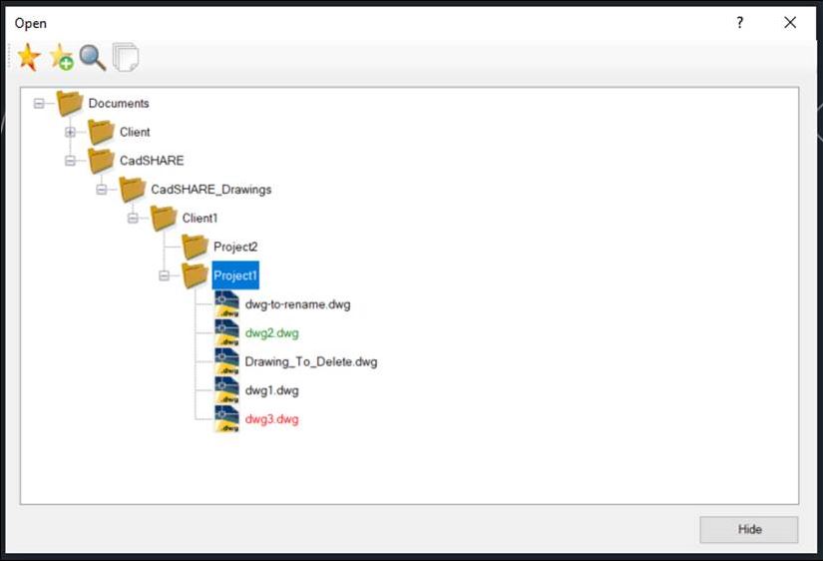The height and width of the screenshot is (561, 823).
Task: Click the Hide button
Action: (749, 529)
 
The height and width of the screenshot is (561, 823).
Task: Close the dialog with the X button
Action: (790, 23)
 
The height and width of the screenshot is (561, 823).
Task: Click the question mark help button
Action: (739, 23)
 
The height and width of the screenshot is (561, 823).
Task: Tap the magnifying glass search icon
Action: (93, 57)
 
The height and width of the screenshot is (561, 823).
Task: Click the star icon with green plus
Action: (62, 57)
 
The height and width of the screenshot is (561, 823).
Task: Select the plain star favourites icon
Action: (29, 57)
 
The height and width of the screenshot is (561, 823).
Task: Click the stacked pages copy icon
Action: (126, 57)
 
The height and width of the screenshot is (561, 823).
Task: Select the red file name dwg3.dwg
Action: (272, 419)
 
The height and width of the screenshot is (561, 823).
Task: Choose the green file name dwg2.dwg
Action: (272, 333)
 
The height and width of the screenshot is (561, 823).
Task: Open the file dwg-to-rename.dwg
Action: (297, 304)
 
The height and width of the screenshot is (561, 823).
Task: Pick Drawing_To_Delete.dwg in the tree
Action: (311, 362)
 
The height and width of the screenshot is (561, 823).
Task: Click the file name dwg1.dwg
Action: (272, 391)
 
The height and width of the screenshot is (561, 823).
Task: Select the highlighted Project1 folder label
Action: (235, 276)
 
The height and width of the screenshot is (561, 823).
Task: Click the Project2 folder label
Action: (235, 247)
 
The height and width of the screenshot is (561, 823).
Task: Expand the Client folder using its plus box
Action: (70, 132)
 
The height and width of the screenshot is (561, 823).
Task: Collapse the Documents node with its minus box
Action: (39, 104)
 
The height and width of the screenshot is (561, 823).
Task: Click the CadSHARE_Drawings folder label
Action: (211, 189)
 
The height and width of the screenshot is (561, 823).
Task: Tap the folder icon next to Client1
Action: (164, 218)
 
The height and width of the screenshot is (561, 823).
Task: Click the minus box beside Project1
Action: (164, 276)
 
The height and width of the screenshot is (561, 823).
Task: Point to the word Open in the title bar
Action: (31, 24)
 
